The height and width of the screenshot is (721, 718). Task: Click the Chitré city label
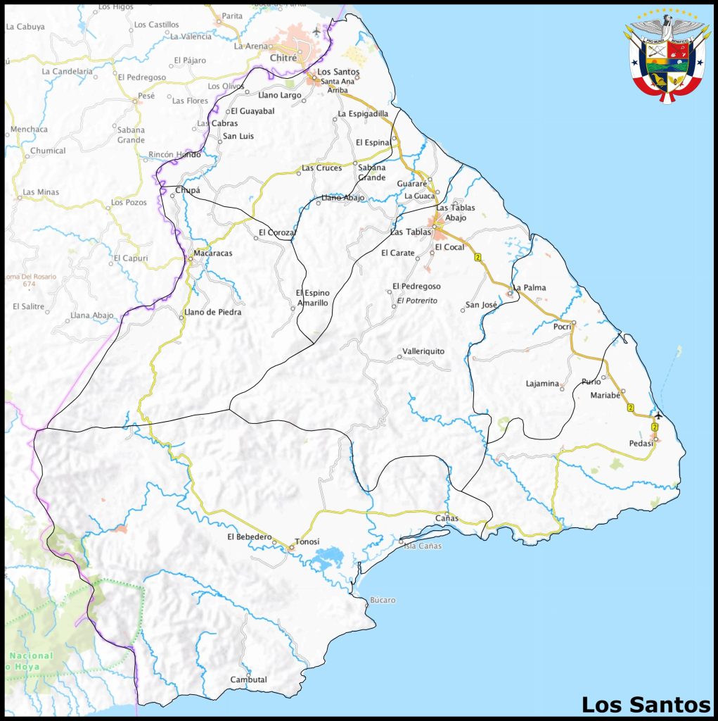(283, 58)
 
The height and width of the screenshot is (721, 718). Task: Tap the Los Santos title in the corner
(645, 704)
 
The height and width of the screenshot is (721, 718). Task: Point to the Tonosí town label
(307, 541)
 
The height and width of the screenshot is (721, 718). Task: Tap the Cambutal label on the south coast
(248, 679)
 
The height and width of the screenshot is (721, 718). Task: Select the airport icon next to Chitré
(316, 31)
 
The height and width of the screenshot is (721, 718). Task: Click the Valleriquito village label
(423, 351)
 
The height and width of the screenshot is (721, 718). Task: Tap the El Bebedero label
(249, 537)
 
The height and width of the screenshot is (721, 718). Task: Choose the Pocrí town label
(562, 327)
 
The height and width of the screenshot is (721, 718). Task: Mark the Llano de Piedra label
(212, 312)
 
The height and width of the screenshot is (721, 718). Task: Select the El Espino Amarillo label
(312, 298)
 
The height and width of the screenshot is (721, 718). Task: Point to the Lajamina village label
(542, 384)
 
